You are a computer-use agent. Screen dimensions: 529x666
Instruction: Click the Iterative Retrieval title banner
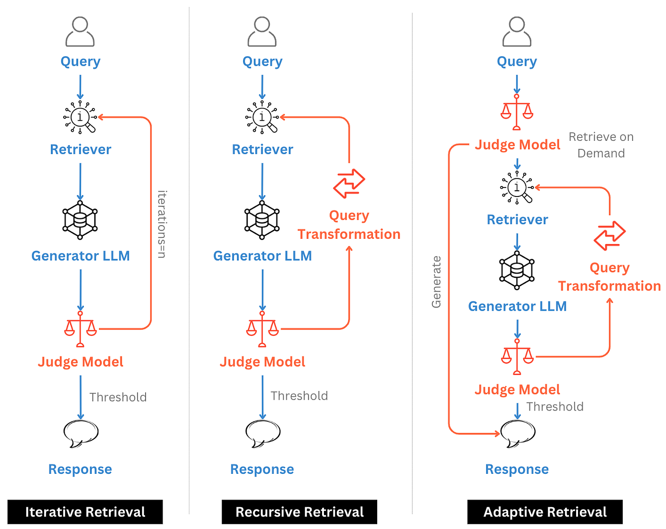coord(85,512)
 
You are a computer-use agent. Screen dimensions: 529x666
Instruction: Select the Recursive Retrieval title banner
coord(299,512)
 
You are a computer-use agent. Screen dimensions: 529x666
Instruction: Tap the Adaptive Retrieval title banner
coord(545,512)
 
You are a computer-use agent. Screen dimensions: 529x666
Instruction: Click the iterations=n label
coord(162,224)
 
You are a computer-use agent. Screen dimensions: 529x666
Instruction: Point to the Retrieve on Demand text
coord(601,145)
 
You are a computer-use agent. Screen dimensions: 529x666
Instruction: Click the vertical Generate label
coord(436,282)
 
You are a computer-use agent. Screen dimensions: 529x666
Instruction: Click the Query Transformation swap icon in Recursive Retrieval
coord(349,183)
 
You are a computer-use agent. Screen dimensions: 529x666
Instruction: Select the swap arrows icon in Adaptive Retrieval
coord(609,235)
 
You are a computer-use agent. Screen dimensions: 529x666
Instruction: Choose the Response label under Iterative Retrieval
coord(80,469)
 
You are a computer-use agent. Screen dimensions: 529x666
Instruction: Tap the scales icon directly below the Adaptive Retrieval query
coord(517,112)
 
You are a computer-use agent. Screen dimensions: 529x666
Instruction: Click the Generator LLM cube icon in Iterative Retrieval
coord(80,220)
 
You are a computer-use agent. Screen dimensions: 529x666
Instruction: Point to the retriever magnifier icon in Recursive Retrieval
coord(262,117)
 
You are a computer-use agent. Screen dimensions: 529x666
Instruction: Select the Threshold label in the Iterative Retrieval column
coord(118,397)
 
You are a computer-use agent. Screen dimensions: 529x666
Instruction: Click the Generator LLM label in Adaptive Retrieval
coord(517,306)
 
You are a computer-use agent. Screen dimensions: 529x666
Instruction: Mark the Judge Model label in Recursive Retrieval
coord(262,362)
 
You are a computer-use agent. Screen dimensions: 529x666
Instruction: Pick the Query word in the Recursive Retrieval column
coord(262,61)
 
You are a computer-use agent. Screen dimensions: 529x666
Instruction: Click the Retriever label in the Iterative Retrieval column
coord(80,149)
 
